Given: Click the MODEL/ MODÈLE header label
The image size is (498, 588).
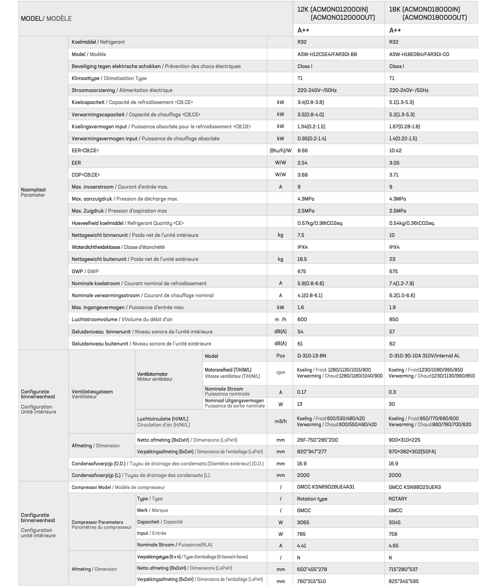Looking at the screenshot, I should point(46,18).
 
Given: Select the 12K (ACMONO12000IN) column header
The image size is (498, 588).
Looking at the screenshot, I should point(336,13).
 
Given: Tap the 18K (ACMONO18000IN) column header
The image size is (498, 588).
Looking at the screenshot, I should point(427,13).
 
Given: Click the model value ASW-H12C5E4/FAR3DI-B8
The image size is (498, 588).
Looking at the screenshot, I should point(327,54).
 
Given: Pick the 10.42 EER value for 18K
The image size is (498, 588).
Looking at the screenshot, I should point(395,151).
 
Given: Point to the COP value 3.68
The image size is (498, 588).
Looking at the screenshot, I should point(302,175).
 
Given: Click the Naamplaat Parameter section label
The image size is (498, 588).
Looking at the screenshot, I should point(33,192).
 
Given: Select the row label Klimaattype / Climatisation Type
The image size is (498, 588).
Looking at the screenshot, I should point(109,78).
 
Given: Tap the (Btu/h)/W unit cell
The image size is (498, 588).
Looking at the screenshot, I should point(280,151).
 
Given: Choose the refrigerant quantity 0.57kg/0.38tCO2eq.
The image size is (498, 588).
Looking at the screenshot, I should point(320,223).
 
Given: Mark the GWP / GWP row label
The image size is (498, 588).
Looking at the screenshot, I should point(85,271).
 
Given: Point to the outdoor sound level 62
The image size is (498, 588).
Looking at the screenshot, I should point(392,344).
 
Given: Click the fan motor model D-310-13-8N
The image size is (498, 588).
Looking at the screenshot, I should point(311,356).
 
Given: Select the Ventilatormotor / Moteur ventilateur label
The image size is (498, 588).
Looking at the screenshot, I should point(155,376).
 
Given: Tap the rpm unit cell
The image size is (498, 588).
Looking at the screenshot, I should point(280,372).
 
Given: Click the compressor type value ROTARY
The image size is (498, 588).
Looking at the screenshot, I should point(398,499).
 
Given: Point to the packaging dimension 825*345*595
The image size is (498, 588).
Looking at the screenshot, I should point(403,581).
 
